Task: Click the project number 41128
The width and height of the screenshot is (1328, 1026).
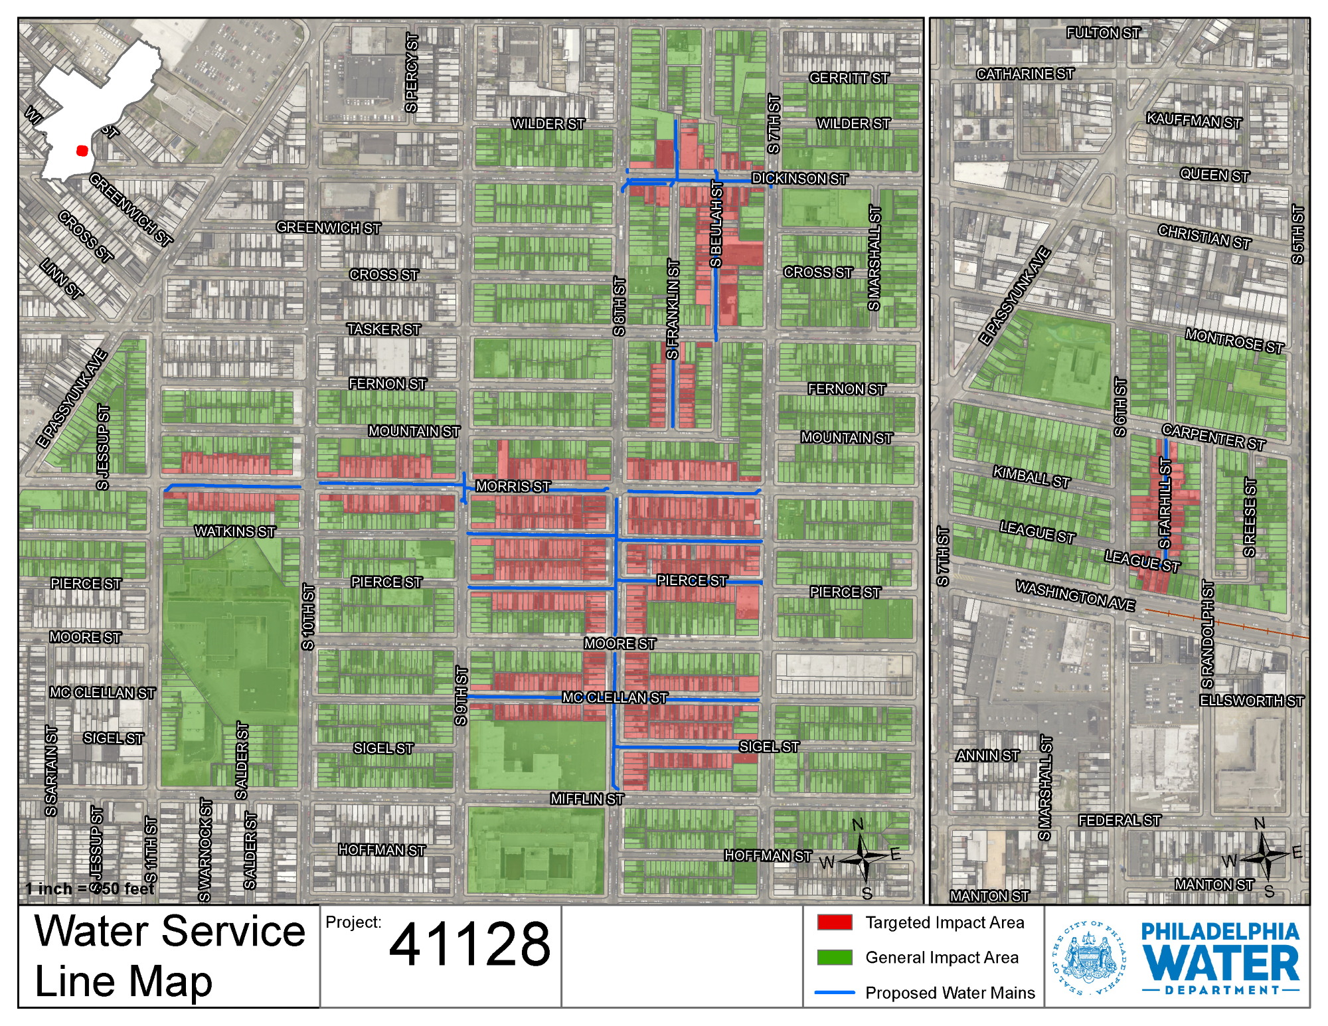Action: [469, 944]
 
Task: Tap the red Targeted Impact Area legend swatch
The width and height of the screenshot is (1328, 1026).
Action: [835, 922]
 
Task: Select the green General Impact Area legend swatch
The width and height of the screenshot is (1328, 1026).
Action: [835, 957]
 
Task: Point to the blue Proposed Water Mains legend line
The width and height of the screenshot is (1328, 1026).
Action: [835, 993]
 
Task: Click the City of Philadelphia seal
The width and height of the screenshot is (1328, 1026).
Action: [1089, 957]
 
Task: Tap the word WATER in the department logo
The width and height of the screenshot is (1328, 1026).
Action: [1220, 964]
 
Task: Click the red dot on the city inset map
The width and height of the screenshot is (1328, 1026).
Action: [82, 151]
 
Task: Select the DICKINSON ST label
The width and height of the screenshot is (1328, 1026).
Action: [799, 179]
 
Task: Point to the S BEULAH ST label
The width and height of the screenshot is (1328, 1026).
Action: [716, 224]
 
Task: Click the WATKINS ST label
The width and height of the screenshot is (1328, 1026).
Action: [234, 531]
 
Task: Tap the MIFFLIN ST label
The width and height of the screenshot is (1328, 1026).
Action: [586, 799]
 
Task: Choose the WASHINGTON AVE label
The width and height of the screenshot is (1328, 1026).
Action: [1075, 596]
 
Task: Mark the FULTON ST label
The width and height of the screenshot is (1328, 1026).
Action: [1103, 33]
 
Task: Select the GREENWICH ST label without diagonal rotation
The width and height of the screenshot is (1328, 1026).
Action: [328, 228]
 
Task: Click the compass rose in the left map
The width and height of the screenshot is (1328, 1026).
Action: [863, 858]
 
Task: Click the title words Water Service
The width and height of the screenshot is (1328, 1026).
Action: [169, 931]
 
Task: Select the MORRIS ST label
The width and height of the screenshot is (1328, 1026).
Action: [513, 486]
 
